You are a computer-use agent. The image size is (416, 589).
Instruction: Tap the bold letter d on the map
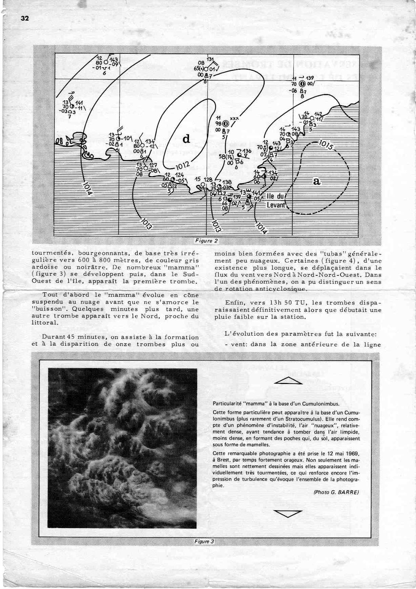tap(186, 139)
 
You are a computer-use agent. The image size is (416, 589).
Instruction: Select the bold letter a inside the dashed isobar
tap(316, 181)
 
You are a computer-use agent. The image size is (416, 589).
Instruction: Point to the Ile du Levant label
tap(276, 201)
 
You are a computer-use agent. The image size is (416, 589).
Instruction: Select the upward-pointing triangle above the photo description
tap(289, 381)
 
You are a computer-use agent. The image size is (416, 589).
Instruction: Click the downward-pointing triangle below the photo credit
tap(289, 514)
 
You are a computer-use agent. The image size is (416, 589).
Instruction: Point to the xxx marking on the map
tap(234, 118)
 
